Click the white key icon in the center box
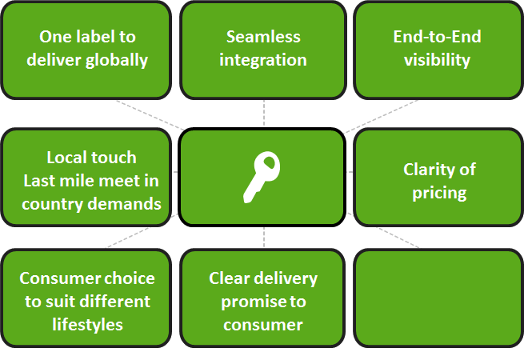(x=262, y=177)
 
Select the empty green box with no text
(x=438, y=297)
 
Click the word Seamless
(x=263, y=37)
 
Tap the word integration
(x=263, y=60)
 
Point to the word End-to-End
(x=437, y=37)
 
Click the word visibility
(x=437, y=60)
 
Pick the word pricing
(x=439, y=192)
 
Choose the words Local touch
(x=91, y=157)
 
